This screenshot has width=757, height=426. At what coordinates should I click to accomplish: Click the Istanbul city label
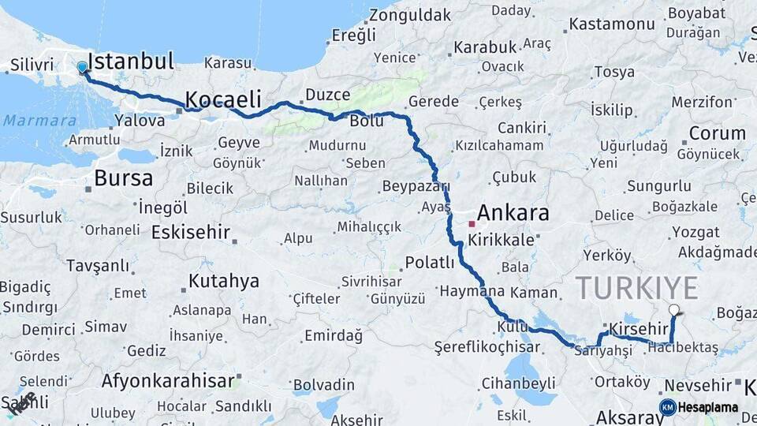pyautogui.click(x=130, y=62)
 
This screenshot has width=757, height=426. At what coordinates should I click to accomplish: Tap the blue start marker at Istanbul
pyautogui.click(x=82, y=68)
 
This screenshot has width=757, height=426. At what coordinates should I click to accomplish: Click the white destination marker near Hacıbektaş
pyautogui.click(x=674, y=311)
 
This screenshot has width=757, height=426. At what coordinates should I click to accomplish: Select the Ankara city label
pyautogui.click(x=513, y=213)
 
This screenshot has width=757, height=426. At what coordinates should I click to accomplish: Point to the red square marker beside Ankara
pyautogui.click(x=472, y=224)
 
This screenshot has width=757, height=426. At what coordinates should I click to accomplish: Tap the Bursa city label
pyautogui.click(x=123, y=178)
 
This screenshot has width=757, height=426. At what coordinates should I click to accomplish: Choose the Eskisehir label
pyautogui.click(x=190, y=233)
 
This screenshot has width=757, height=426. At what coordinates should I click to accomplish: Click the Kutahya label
pyautogui.click(x=224, y=282)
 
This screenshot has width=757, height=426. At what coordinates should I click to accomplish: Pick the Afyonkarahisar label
pyautogui.click(x=168, y=381)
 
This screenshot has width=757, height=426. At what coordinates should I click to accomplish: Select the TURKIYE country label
pyautogui.click(x=636, y=288)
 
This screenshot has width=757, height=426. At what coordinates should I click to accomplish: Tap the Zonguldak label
pyautogui.click(x=410, y=15)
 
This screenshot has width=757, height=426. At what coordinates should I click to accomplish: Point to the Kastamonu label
pyautogui.click(x=612, y=24)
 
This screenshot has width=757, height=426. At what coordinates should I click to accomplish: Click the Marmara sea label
pyautogui.click(x=29, y=121)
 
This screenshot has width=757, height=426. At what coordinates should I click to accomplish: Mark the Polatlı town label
pyautogui.click(x=430, y=263)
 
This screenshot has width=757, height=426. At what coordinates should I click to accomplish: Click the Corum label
pyautogui.click(x=717, y=133)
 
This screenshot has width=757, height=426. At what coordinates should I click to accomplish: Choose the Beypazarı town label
pyautogui.click(x=415, y=187)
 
